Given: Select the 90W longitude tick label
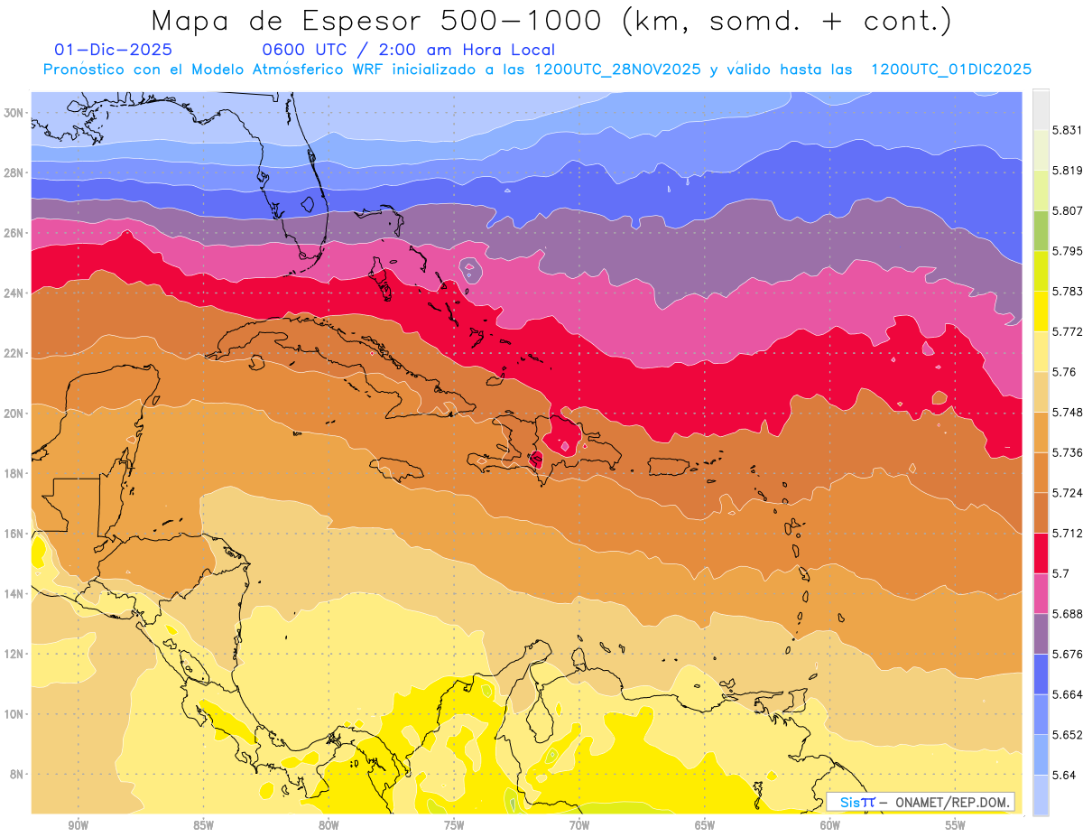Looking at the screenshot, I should pyautogui.click(x=79, y=824).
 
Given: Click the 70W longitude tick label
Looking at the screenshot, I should pyautogui.click(x=579, y=824).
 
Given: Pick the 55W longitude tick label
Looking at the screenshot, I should pyautogui.click(x=955, y=824).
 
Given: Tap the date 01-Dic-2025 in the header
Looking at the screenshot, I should pyautogui.click(x=113, y=51).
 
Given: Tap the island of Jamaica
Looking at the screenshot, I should pyautogui.click(x=396, y=468).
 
